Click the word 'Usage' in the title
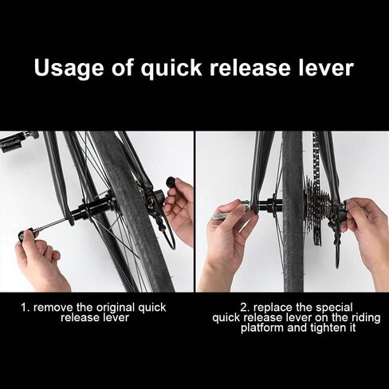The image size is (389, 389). tap(74, 69)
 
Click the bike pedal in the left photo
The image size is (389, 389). tap(15, 142)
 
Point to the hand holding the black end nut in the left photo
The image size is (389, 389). tap(180, 211)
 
